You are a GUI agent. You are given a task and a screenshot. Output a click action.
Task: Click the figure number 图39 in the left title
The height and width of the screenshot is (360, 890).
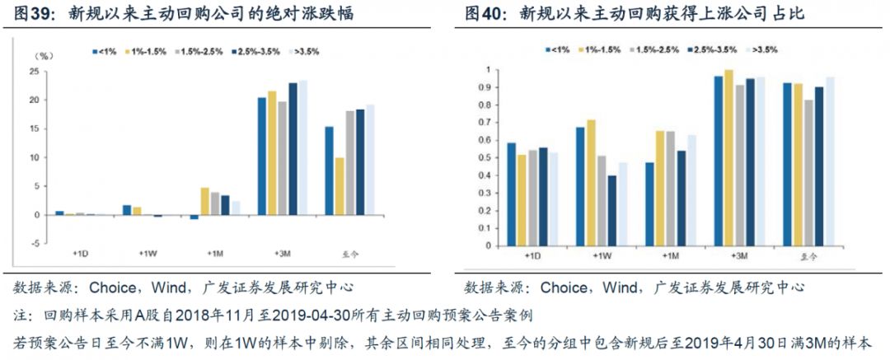click(x=28, y=14)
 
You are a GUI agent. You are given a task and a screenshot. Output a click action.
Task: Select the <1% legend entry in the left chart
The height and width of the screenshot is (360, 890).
click(x=103, y=52)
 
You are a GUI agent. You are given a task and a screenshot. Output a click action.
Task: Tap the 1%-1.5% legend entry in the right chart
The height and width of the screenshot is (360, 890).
click(x=602, y=49)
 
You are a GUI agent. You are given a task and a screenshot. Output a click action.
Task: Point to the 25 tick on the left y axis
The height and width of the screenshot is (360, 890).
click(x=34, y=71)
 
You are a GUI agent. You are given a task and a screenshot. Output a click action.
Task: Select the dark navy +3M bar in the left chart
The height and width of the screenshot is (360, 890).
click(x=293, y=148)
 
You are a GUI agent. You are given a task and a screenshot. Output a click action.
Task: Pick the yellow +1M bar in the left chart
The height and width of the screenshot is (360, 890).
click(x=204, y=201)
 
